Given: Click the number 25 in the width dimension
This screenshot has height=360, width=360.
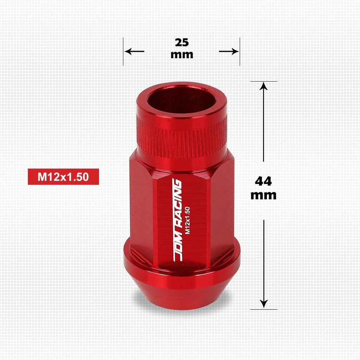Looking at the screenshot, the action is (x=182, y=43).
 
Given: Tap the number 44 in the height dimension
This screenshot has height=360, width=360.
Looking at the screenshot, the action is (x=263, y=181).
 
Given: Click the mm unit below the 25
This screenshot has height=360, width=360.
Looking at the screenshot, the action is (x=182, y=55).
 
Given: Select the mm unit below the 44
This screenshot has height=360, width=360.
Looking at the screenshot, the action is (x=263, y=195).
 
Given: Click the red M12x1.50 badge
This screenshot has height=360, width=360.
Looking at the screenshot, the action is (x=63, y=176).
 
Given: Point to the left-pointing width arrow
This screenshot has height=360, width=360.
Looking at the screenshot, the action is (x=134, y=51).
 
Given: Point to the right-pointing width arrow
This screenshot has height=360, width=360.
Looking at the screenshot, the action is (x=229, y=51).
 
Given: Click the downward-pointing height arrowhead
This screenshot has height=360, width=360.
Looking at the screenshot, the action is (x=264, y=303).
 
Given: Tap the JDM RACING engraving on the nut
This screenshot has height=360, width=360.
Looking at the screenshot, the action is (x=177, y=220).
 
